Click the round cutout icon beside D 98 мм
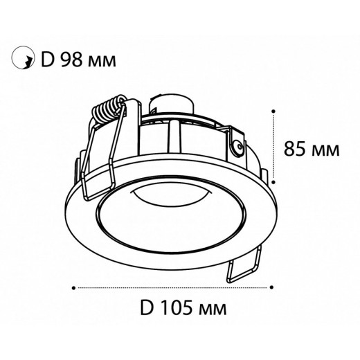tap(22, 60)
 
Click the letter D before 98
tap(48, 60)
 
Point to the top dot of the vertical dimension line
tap(276, 110)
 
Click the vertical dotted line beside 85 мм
tap(276, 149)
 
